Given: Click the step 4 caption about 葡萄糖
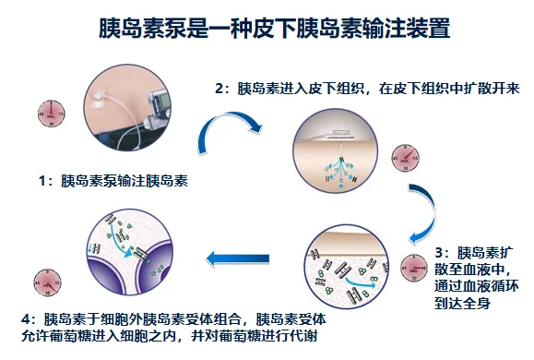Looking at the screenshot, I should [184, 328].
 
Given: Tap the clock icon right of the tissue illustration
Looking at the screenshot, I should [403, 158].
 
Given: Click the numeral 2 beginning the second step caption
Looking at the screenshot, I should [220, 90].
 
